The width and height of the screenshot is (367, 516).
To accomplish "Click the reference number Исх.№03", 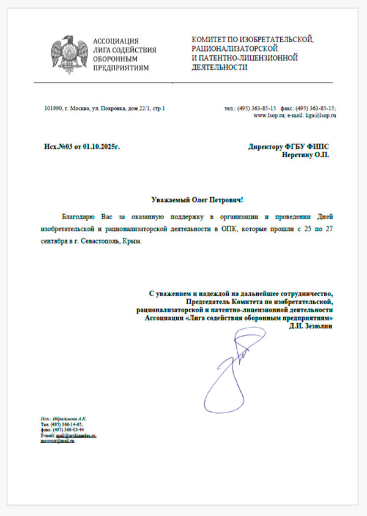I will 58,147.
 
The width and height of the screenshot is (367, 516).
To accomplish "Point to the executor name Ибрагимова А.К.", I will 62,417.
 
